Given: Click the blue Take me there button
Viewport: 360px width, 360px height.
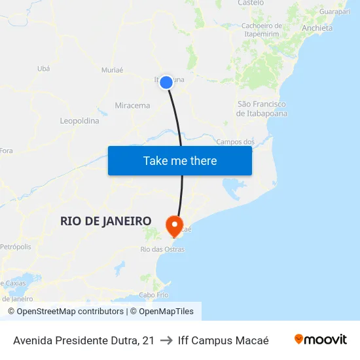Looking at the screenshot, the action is [x=180, y=160].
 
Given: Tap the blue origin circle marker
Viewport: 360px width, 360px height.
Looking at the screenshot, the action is [x=166, y=82].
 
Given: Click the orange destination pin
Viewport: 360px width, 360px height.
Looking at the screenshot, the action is [x=175, y=226].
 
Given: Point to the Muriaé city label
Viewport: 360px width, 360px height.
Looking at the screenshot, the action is [x=113, y=70].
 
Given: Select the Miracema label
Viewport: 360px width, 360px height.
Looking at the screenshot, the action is [x=132, y=105].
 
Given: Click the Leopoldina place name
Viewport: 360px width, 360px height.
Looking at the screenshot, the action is [x=79, y=121].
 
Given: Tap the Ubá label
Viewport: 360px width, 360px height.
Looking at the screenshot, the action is [x=44, y=68].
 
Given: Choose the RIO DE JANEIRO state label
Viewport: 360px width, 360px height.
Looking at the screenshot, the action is [x=106, y=221].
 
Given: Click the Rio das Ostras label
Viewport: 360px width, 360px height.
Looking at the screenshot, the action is [x=162, y=249].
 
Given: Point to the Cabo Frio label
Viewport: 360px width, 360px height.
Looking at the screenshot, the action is [x=153, y=295].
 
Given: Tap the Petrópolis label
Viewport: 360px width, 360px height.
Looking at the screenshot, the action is [x=16, y=247].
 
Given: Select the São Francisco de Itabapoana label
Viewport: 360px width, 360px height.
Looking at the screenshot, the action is [x=262, y=109].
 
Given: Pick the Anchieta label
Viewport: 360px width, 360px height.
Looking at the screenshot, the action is [x=317, y=28].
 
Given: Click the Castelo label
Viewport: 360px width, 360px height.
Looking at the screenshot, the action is [x=251, y=3].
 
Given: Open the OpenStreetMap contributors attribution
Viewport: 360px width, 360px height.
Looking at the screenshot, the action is [x=65, y=312].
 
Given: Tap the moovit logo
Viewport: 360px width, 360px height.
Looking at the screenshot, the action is [x=320, y=340].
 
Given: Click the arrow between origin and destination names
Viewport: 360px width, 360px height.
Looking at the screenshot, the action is [x=166, y=340].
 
